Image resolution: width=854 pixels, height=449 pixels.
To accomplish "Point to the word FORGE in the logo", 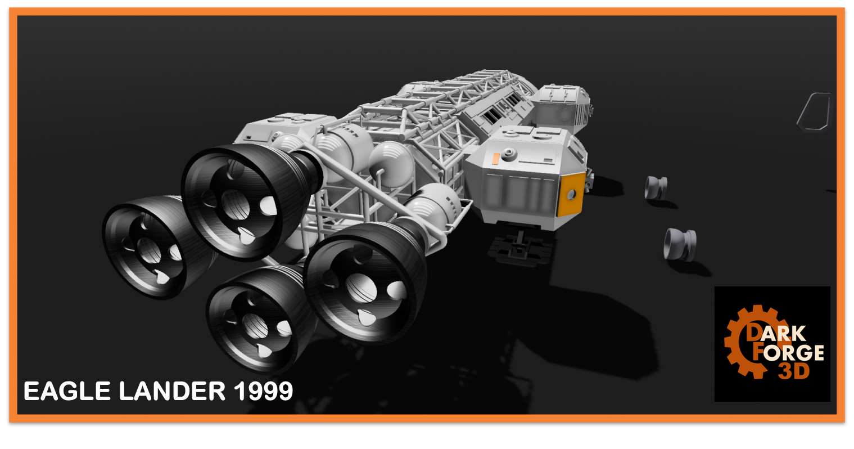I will point(792,353).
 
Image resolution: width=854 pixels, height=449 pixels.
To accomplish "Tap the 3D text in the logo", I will point(794,371).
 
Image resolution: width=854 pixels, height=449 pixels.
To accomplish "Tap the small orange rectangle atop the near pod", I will point(495,159).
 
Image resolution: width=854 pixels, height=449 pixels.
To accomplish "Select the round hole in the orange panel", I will point(571,195).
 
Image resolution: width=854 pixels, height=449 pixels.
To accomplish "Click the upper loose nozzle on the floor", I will point(656,187).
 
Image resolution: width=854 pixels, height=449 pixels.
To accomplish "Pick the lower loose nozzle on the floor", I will point(680,244).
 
